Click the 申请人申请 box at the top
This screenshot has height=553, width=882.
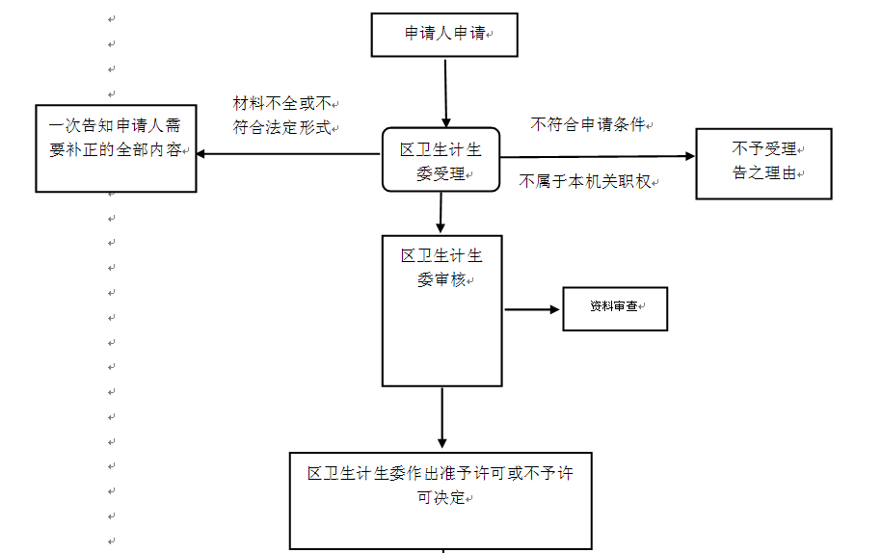pyautogui.click(x=444, y=35)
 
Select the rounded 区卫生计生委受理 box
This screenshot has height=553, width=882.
pyautogui.click(x=441, y=160)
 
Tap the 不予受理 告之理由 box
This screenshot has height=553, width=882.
pyautogui.click(x=763, y=163)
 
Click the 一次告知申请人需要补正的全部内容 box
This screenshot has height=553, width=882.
pyautogui.click(x=116, y=148)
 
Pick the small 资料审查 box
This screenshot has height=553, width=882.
pyautogui.click(x=615, y=309)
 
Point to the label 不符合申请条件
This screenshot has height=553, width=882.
pyautogui.click(x=587, y=124)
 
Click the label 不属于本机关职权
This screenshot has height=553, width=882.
pyautogui.click(x=587, y=180)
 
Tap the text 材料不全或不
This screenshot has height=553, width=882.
pyautogui.click(x=281, y=103)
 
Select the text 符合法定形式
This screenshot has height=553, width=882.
pyautogui.click(x=281, y=126)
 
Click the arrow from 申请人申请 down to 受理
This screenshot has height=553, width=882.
pyautogui.click(x=445, y=92)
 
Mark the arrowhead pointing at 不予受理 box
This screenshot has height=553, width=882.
pyautogui.click(x=688, y=156)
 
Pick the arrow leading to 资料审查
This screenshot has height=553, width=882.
pyautogui.click(x=532, y=309)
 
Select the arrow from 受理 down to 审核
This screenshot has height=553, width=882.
pyautogui.click(x=441, y=213)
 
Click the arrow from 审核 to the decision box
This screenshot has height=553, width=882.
pyautogui.click(x=441, y=419)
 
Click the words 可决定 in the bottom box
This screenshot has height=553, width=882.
pyautogui.click(x=441, y=499)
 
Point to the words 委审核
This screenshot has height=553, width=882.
pyautogui.click(x=441, y=279)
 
